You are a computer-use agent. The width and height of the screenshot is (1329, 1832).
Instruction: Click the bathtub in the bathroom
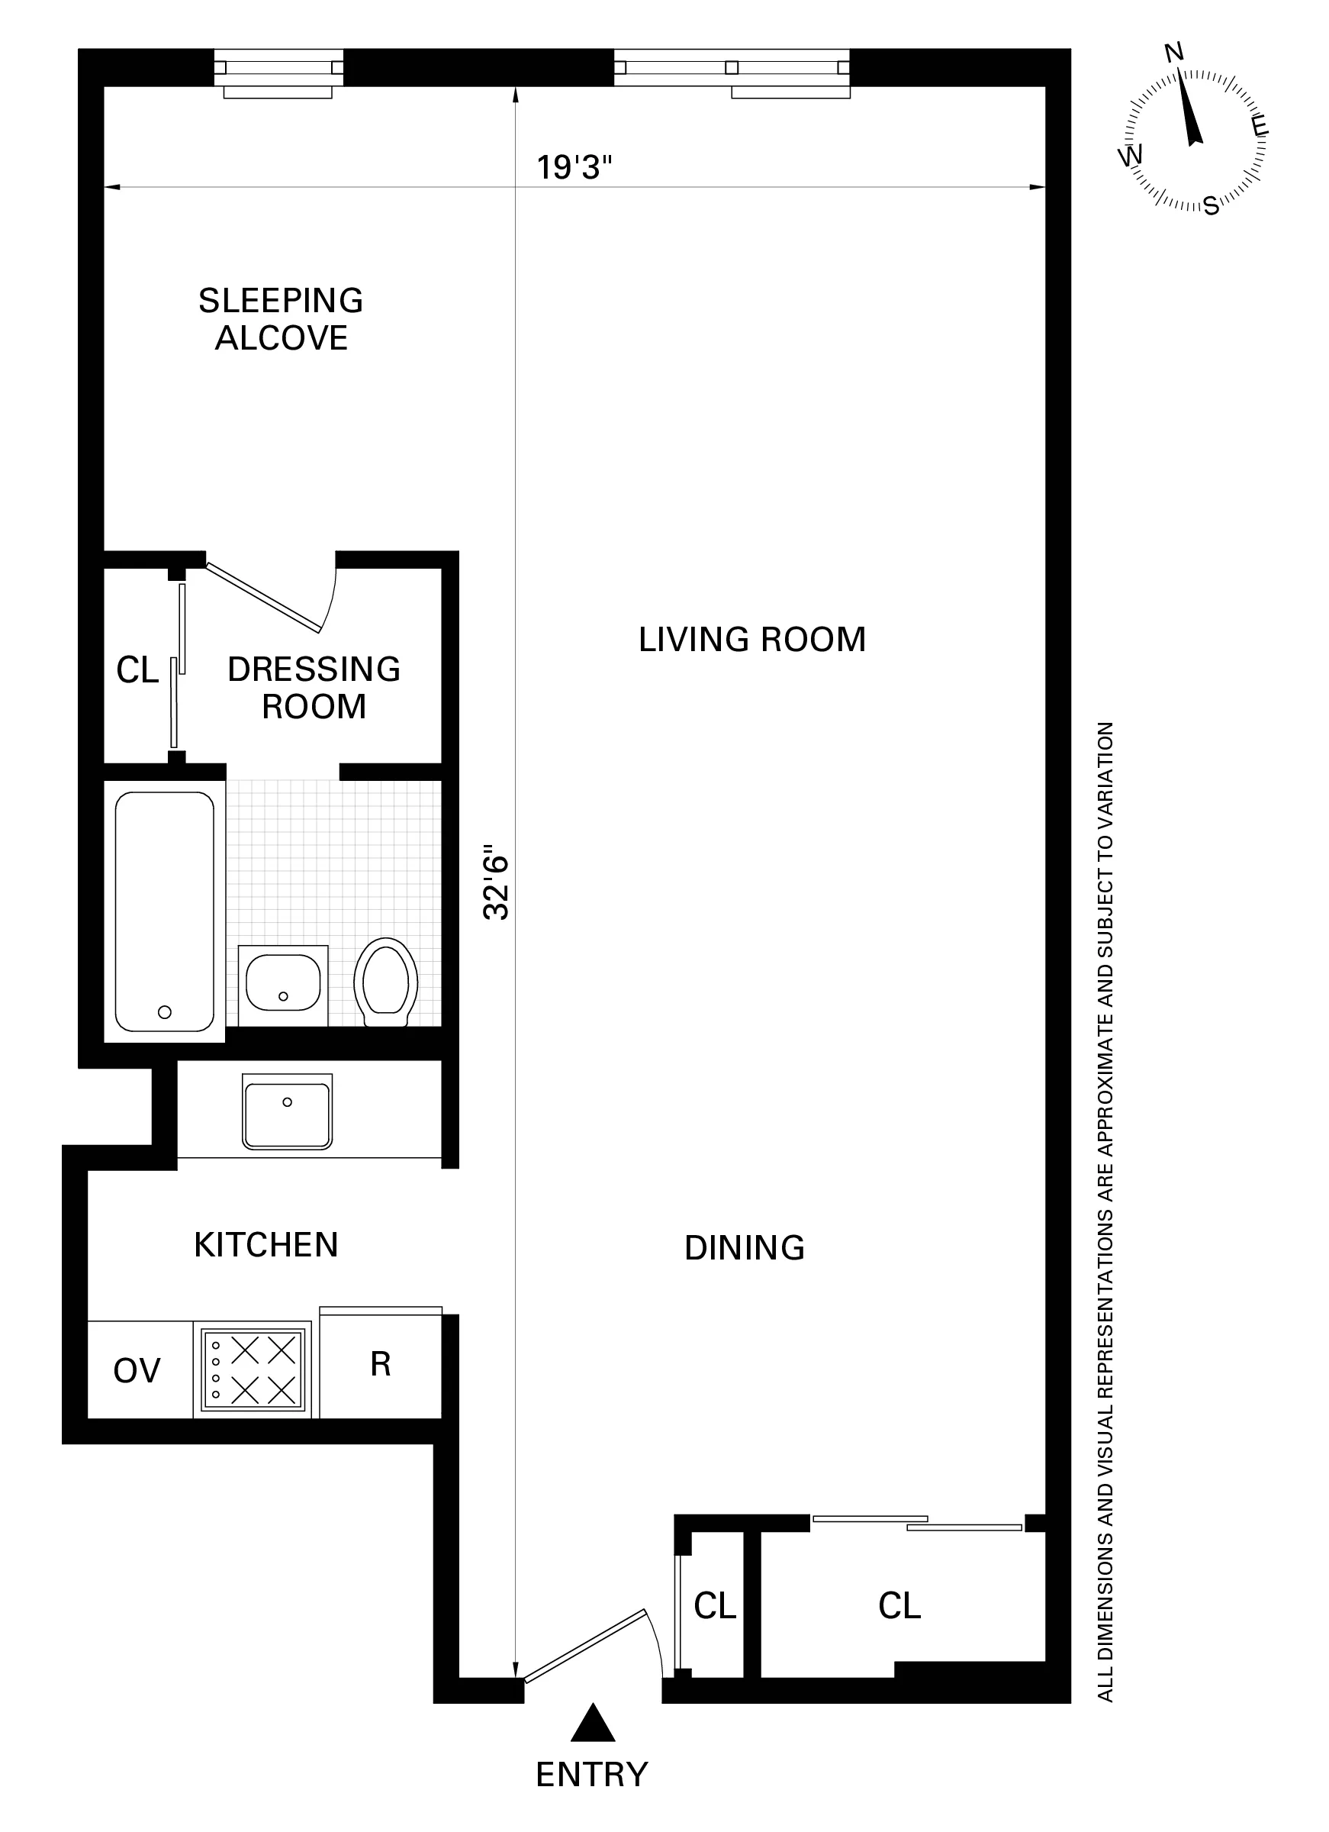coord(165,911)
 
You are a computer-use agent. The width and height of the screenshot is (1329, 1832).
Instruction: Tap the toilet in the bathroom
coord(385,982)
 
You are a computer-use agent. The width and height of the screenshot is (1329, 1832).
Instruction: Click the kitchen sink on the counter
coord(287,1111)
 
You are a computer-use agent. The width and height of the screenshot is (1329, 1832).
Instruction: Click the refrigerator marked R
coord(380,1364)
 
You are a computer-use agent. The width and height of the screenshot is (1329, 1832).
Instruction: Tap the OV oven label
coord(137,1371)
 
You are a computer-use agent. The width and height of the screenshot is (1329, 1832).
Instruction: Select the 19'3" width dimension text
coord(574,168)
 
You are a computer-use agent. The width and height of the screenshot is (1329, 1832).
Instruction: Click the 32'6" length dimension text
coord(496,882)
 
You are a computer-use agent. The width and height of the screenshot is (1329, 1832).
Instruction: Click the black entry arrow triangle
coord(593,1724)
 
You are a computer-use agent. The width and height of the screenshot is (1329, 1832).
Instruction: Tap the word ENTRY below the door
coord(592,1775)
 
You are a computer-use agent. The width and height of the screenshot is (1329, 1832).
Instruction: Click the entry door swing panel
coord(584,1646)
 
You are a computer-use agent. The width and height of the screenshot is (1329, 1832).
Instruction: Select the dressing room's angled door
coord(263,597)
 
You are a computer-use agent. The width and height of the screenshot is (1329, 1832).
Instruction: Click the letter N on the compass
coord(1174,53)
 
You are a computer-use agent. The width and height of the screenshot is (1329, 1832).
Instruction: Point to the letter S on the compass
coord(1211,207)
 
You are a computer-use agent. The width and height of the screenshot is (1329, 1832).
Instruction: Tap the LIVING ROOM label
coord(751,640)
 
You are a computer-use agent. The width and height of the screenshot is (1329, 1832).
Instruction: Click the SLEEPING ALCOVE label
coord(281,319)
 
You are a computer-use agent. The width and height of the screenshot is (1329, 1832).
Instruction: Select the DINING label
coord(745,1248)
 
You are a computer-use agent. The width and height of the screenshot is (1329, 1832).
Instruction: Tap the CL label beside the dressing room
coord(137,670)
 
